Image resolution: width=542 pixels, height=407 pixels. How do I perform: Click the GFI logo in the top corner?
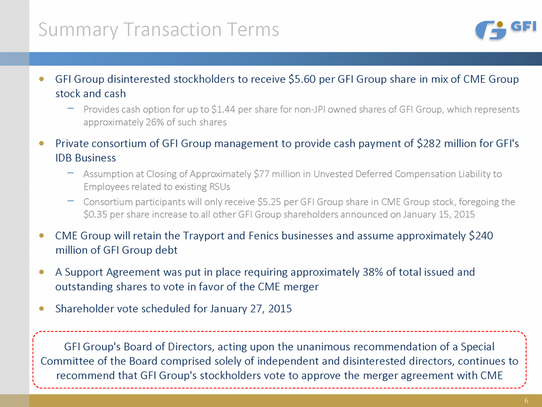(x=506, y=29)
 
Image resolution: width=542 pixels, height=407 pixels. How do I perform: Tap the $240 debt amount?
(x=481, y=235)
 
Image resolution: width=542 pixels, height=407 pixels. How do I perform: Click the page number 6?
(x=525, y=401)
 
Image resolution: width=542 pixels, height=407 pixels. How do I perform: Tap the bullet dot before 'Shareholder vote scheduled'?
(x=42, y=308)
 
